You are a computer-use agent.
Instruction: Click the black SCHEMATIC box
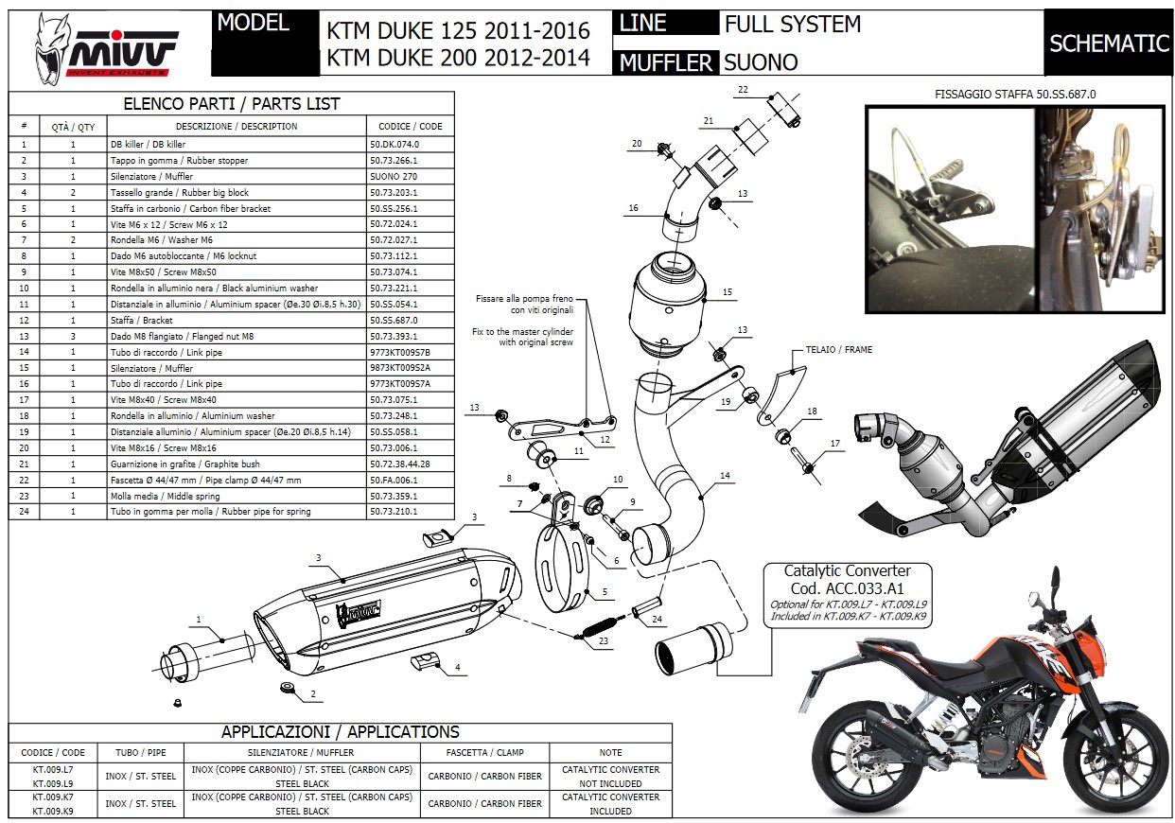click(1109, 44)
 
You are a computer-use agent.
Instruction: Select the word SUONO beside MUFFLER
click(761, 62)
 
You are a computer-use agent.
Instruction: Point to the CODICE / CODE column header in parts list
click(411, 126)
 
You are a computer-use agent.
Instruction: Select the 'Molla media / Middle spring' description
click(165, 496)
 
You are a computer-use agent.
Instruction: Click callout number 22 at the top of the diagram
click(743, 89)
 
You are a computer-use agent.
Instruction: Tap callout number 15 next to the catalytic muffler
click(728, 292)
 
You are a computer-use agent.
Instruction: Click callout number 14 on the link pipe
click(725, 476)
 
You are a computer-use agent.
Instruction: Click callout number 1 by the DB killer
click(199, 621)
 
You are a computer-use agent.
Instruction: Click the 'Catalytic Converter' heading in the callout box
click(848, 570)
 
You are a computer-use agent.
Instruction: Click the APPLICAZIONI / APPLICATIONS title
click(340, 732)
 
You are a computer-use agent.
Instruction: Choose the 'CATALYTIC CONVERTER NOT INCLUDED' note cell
click(610, 777)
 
